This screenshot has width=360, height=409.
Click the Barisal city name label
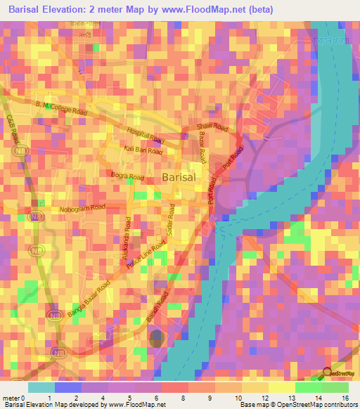[183, 178]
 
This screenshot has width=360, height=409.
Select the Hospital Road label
[144, 136]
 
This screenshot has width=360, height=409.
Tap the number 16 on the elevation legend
[345, 398]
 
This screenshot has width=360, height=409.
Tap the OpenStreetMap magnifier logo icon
[326, 372]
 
